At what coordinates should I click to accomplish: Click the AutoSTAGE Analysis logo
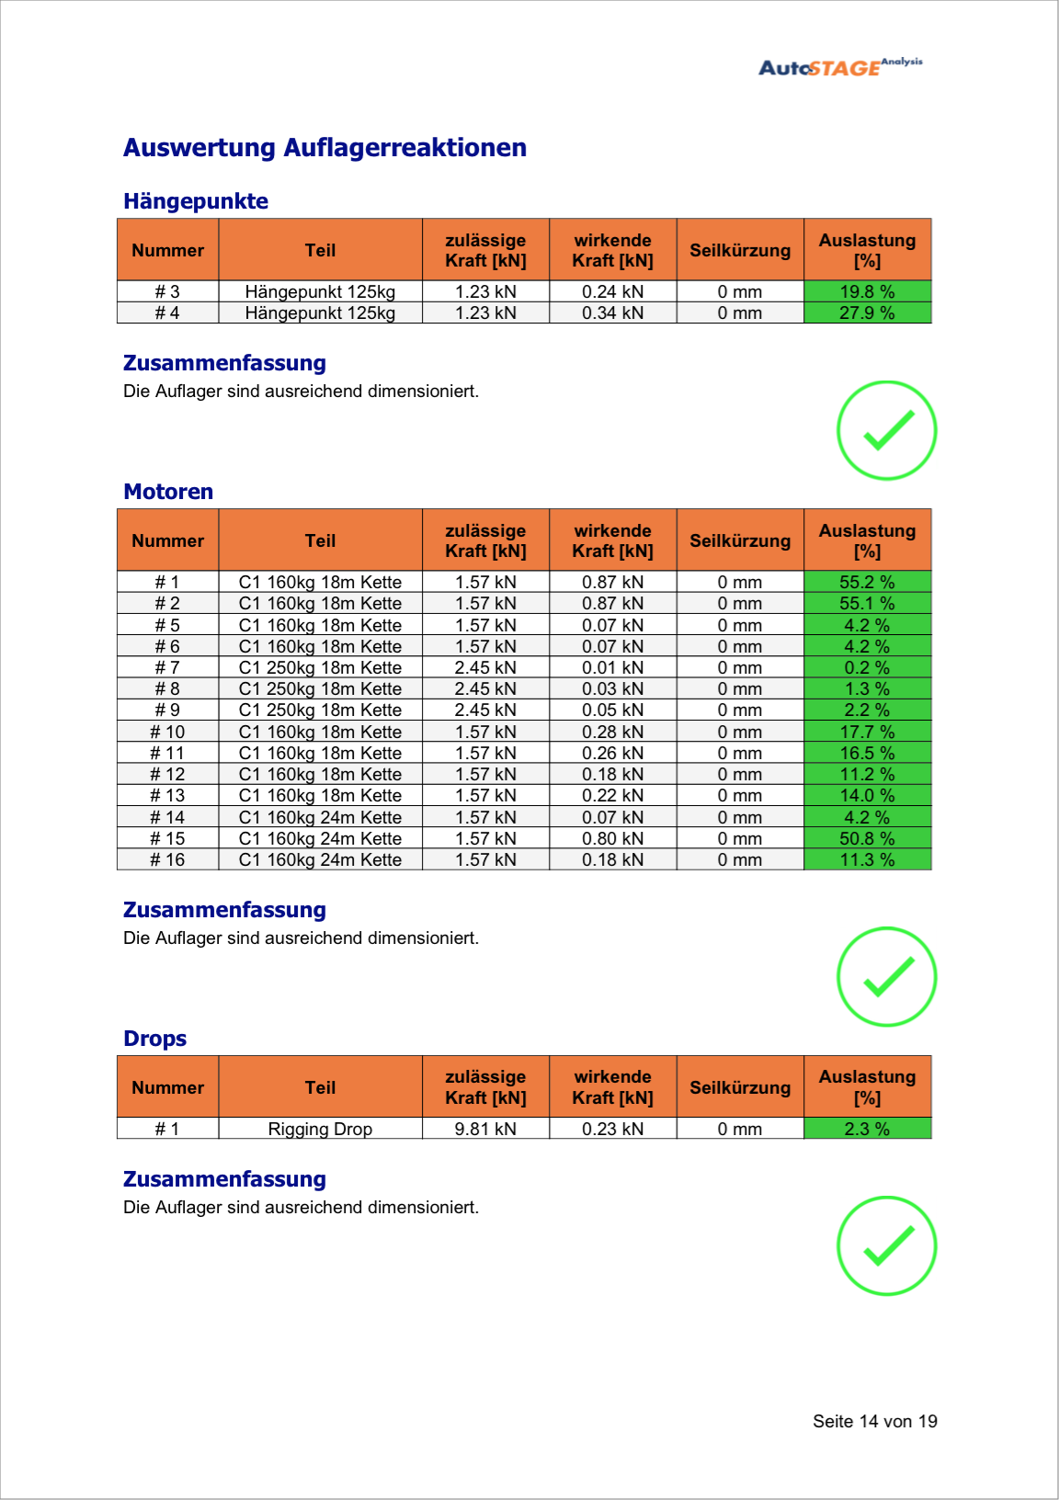point(839,67)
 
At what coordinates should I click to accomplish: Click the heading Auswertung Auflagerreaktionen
point(325,148)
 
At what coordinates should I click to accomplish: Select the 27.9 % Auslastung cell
point(867,313)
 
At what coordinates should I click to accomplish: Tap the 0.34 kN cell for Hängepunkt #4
point(612,313)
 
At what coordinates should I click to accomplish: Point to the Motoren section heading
point(168,492)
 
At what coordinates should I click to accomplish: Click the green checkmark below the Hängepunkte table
point(886,430)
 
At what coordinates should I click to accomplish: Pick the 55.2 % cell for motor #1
point(867,582)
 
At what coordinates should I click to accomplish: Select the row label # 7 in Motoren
point(167,667)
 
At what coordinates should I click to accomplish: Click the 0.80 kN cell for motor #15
point(612,838)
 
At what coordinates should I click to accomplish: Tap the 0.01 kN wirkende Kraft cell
point(612,667)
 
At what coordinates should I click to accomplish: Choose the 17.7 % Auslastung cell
point(867,732)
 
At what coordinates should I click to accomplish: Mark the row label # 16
point(167,859)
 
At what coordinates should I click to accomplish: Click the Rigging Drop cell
point(320,1129)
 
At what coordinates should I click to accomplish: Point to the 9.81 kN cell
point(485,1129)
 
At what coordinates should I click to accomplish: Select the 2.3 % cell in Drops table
point(867,1129)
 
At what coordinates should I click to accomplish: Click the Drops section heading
point(154,1039)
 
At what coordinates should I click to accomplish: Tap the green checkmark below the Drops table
point(886,1245)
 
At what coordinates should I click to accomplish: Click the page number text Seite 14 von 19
point(874,1421)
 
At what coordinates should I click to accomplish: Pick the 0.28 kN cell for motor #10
point(612,732)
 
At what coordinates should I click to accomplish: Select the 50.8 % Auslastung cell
point(867,838)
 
